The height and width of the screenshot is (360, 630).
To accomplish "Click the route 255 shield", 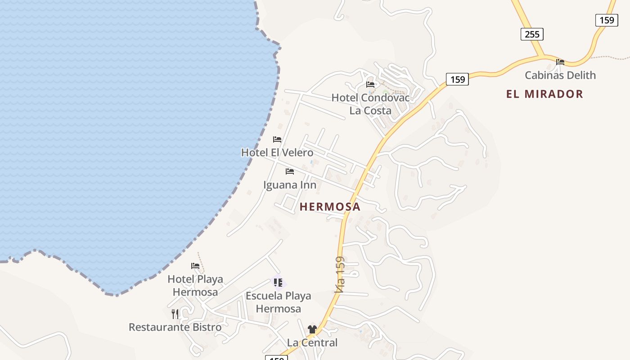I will tap(532, 34).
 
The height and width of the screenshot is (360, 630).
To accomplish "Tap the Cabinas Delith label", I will tap(560, 75).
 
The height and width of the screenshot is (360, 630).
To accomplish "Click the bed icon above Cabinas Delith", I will tap(560, 62).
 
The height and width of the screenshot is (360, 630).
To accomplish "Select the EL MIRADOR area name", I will tap(544, 94).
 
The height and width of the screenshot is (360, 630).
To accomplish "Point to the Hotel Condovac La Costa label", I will tap(370, 104).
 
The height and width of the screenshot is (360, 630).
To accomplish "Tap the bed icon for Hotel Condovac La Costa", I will tap(370, 84).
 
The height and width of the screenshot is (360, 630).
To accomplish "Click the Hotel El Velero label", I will tap(277, 153).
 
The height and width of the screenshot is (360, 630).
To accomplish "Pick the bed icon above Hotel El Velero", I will tap(277, 139).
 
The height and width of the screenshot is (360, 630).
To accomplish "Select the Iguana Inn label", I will tap(290, 185).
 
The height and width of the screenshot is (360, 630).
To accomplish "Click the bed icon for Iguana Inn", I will tap(290, 171).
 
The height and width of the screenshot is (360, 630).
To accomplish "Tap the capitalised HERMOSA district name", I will tap(330, 207).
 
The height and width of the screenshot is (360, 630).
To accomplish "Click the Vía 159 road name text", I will tap(340, 274).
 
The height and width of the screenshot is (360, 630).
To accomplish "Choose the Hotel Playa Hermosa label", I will tap(195, 285).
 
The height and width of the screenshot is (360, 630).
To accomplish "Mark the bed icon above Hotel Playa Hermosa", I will tap(195, 266).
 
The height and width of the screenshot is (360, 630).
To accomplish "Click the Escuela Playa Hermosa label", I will tap(278, 302).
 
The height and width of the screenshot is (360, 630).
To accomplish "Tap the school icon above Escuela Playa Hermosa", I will tap(278, 283).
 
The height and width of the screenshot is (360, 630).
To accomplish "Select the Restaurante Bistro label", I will tap(175, 327).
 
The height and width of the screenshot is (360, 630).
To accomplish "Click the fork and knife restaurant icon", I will tap(175, 314).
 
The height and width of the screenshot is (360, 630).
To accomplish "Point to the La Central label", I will tap(312, 342).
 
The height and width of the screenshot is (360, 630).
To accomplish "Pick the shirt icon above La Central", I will tap(312, 329).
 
